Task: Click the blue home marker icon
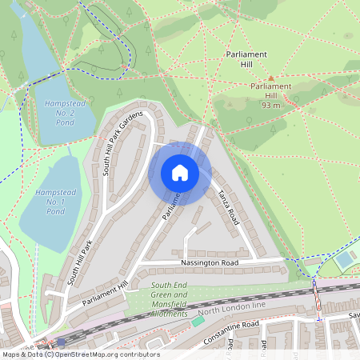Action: (180, 173)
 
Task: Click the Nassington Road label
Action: (209, 262)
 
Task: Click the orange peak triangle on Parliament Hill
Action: (271, 78)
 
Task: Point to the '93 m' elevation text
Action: (271, 105)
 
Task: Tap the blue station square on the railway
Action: (61, 342)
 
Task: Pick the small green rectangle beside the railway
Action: (197, 321)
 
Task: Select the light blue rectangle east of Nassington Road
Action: (345, 261)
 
